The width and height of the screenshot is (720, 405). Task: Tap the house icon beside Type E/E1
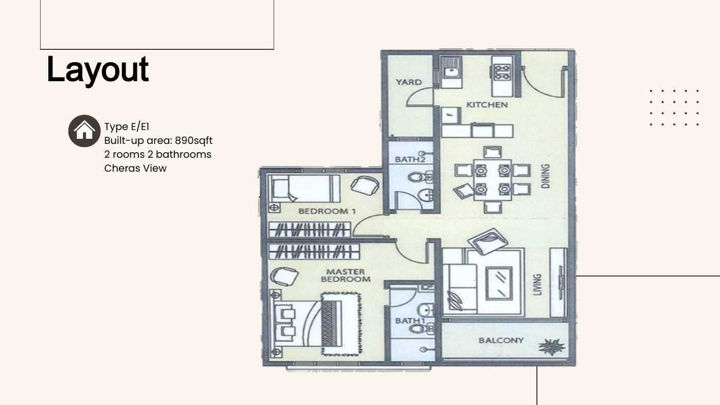84,131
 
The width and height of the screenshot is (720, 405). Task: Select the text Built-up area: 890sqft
158,141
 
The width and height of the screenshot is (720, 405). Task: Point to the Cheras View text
135,168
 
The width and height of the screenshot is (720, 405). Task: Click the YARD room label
408,82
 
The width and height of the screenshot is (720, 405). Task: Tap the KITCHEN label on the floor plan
487,105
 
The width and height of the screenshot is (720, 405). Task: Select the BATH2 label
410,159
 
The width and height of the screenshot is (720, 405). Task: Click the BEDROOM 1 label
327,211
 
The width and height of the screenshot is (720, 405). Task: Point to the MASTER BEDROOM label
346,275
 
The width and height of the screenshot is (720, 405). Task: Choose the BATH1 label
410,321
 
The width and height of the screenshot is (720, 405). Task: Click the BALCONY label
501,340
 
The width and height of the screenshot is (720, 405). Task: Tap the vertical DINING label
546,176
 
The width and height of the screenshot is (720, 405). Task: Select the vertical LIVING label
537,285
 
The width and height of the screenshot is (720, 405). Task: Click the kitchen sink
452,71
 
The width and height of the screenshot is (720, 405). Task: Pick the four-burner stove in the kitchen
502,72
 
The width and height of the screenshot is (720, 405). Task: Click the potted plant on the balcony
551,346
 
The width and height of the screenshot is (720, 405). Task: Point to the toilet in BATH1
421,328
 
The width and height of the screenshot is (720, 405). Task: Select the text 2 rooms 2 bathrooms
158,155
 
